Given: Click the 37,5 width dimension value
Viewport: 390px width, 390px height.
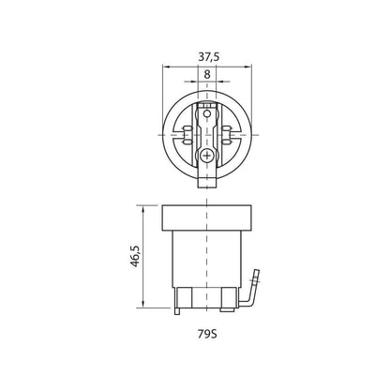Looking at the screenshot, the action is (x=209, y=57).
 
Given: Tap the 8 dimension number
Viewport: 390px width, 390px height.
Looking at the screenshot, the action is (x=207, y=75).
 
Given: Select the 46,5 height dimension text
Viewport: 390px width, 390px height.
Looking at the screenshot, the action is (x=135, y=256).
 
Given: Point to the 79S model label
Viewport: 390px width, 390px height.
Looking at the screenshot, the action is (x=207, y=335).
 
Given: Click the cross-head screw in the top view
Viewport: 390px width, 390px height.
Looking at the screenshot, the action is (x=206, y=155).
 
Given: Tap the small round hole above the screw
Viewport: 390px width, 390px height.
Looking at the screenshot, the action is (x=206, y=114).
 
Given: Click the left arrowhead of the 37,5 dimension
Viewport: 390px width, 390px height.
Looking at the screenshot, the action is (x=166, y=67).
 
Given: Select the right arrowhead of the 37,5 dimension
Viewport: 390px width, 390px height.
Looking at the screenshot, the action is (x=247, y=67).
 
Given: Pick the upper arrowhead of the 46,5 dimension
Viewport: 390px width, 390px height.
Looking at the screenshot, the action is (x=142, y=209).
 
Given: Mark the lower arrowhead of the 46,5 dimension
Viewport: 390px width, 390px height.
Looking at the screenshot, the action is (x=142, y=304).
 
